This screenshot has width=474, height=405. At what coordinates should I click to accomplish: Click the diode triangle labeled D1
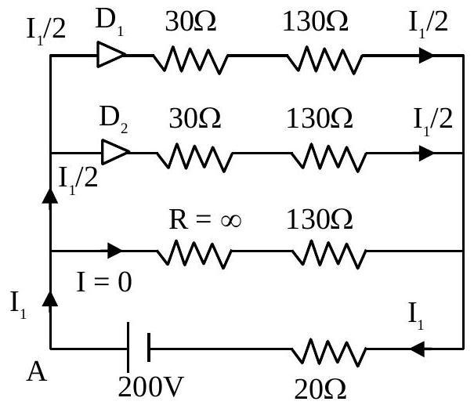pyautogui.click(x=110, y=55)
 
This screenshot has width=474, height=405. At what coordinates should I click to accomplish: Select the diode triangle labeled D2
pyautogui.click(x=115, y=152)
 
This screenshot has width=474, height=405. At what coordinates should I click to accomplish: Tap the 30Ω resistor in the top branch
pyautogui.click(x=190, y=60)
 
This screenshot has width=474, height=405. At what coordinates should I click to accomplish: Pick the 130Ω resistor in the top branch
pyautogui.click(x=324, y=60)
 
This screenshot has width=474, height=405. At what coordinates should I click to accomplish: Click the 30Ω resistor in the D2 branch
pyautogui.click(x=195, y=157)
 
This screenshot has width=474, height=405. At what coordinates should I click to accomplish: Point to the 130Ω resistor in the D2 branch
pyautogui.click(x=329, y=157)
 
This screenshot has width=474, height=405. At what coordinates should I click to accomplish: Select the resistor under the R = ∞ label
pyautogui.click(x=194, y=254)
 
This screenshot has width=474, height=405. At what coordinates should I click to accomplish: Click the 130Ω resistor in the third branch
pyautogui.click(x=329, y=254)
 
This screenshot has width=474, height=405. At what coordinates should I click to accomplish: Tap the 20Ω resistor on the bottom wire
pyautogui.click(x=329, y=353)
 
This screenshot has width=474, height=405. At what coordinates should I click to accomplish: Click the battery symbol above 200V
pyautogui.click(x=139, y=348)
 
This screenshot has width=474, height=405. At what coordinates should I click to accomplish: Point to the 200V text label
pyautogui.click(x=150, y=386)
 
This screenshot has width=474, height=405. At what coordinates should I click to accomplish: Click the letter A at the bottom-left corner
pyautogui.click(x=37, y=372)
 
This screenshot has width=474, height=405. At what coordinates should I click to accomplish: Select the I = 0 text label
pyautogui.click(x=104, y=282)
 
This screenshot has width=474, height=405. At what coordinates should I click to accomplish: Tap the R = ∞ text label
pyautogui.click(x=205, y=219)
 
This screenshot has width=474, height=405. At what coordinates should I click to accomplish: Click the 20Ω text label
pyautogui.click(x=320, y=389)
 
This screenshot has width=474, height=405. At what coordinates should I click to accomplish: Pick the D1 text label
pyautogui.click(x=110, y=20)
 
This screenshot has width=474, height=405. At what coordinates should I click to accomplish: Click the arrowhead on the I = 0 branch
pyautogui.click(x=115, y=251)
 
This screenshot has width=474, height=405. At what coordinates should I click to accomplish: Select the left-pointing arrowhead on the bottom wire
pyautogui.click(x=417, y=349)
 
